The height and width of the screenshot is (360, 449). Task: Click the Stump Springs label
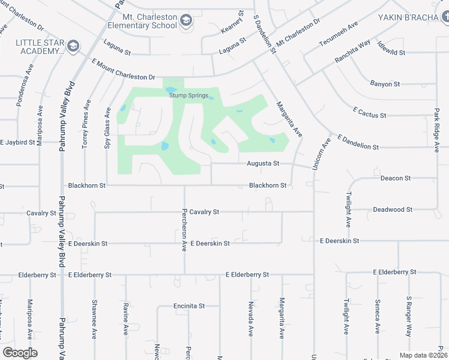[x=188, y=95]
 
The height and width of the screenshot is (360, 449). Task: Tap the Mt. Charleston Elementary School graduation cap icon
[x=186, y=21]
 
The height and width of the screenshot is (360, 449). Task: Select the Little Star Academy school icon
[x=73, y=46]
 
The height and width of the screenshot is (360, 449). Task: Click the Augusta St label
[x=264, y=163]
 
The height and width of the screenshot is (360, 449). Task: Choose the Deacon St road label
[x=396, y=178]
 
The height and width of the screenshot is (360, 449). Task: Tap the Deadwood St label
[x=393, y=209]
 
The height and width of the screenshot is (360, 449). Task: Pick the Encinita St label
[x=189, y=306]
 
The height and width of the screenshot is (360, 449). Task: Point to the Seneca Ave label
[x=377, y=317]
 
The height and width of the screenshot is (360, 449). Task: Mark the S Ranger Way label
[x=409, y=315]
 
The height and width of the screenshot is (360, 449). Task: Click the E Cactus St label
[x=370, y=113]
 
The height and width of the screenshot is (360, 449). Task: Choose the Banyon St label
[x=385, y=84]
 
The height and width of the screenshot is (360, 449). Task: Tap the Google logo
[x=20, y=353]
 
